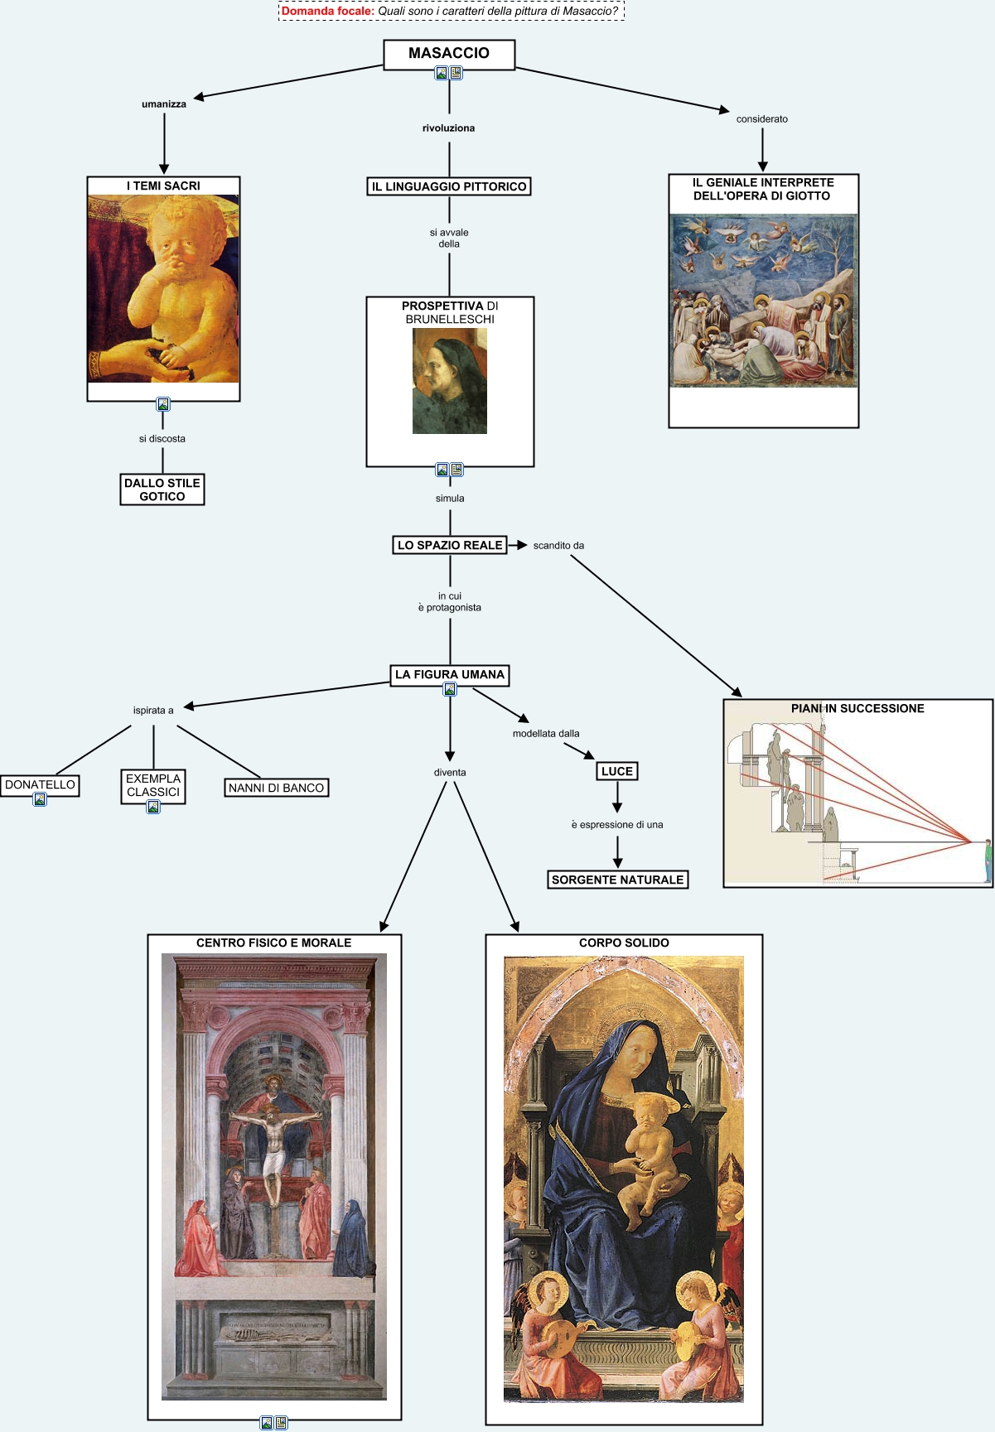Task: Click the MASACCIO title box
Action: click(x=448, y=53)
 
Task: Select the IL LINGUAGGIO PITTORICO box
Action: click(x=449, y=186)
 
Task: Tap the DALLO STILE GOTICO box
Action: click(x=162, y=489)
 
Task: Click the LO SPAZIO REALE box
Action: click(x=450, y=545)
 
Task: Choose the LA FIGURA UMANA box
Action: click(x=450, y=674)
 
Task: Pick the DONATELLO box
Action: click(x=40, y=784)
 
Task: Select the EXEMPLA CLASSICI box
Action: click(x=153, y=784)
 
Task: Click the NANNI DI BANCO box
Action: click(x=276, y=788)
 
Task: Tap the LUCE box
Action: click(x=617, y=771)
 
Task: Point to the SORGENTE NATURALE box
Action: click(x=617, y=880)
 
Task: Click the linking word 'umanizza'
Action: click(x=164, y=104)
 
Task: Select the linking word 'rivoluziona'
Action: click(x=449, y=128)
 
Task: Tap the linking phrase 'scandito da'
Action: click(x=558, y=546)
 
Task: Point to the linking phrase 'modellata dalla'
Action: click(x=546, y=734)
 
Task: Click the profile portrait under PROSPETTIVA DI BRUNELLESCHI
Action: click(x=450, y=381)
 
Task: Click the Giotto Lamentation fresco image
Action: click(x=763, y=301)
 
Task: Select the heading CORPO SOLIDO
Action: click(x=624, y=943)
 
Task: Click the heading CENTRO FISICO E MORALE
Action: click(x=273, y=943)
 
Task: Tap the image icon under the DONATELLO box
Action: click(x=40, y=799)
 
